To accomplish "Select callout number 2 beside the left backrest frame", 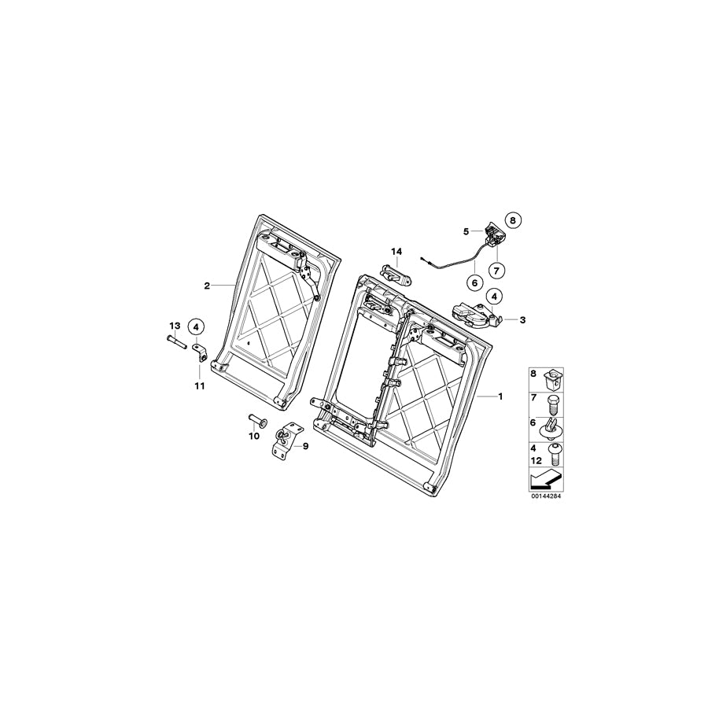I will pyautogui.click(x=207, y=286).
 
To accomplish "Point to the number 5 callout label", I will pyautogui.click(x=466, y=231).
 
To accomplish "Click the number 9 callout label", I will pyautogui.click(x=305, y=446).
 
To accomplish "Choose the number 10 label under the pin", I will pyautogui.click(x=253, y=435).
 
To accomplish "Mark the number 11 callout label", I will pyautogui.click(x=199, y=385).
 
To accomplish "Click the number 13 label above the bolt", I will pyautogui.click(x=175, y=325).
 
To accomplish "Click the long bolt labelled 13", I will pyautogui.click(x=175, y=341).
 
